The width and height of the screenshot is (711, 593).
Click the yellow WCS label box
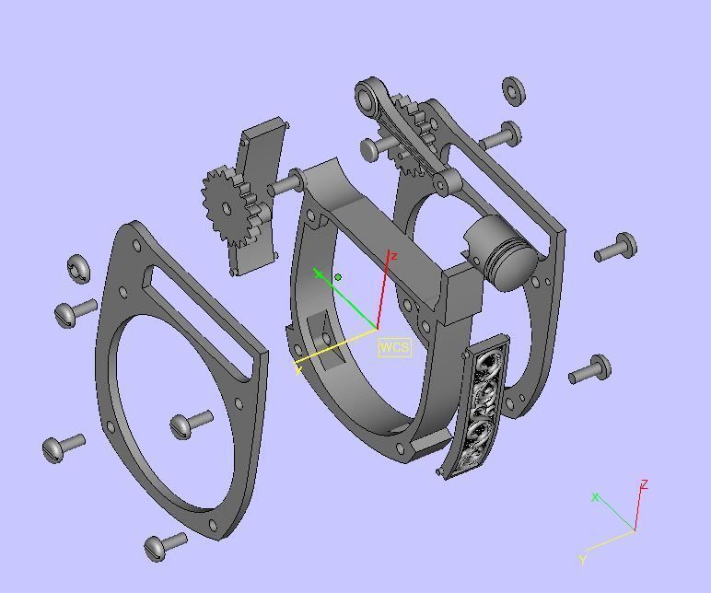(394, 347)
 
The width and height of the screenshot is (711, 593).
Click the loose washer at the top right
(513, 89)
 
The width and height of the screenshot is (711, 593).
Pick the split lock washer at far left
(79, 269)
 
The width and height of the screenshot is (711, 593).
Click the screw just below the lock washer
(76, 311)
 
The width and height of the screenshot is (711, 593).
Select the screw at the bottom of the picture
(165, 544)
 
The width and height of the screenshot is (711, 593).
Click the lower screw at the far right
(590, 370)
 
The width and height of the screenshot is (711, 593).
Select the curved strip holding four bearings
(479, 406)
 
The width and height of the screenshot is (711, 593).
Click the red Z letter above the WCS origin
(393, 256)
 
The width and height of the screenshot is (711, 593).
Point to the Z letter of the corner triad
(645, 484)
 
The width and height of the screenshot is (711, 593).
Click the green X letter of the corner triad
(595, 497)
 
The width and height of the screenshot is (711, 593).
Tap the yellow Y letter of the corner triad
(582, 559)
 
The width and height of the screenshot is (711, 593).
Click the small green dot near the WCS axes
(339, 276)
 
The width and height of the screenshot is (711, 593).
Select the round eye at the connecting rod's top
(370, 95)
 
